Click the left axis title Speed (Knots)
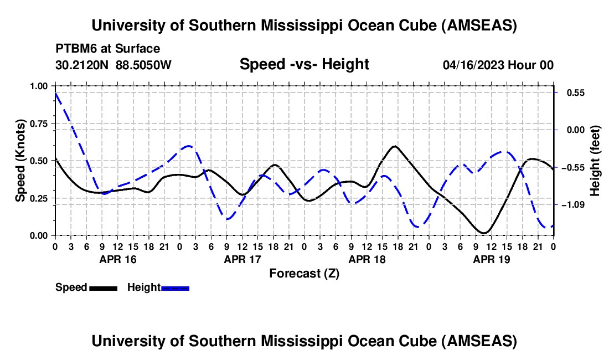(20, 161)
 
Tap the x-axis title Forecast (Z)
(304, 273)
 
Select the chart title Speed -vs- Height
(304, 65)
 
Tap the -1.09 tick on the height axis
(570, 205)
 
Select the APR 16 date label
(117, 259)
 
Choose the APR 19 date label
(491, 259)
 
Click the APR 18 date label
(367, 259)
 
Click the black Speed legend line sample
(102, 287)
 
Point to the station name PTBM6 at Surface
(107, 49)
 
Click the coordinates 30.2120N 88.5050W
(113, 65)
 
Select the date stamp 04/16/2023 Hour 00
(498, 65)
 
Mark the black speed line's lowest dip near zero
(484, 233)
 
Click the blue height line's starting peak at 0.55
(55, 93)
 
